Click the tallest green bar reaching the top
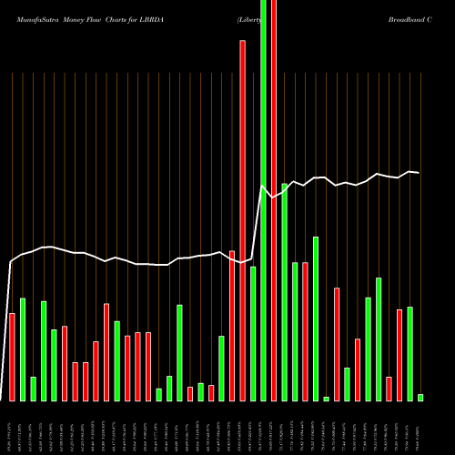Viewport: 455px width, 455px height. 264,200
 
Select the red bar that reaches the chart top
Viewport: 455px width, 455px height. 274,200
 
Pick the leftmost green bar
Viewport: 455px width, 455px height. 23,349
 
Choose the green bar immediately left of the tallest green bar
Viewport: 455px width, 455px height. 253,333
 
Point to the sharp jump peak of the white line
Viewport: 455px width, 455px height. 264,187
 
